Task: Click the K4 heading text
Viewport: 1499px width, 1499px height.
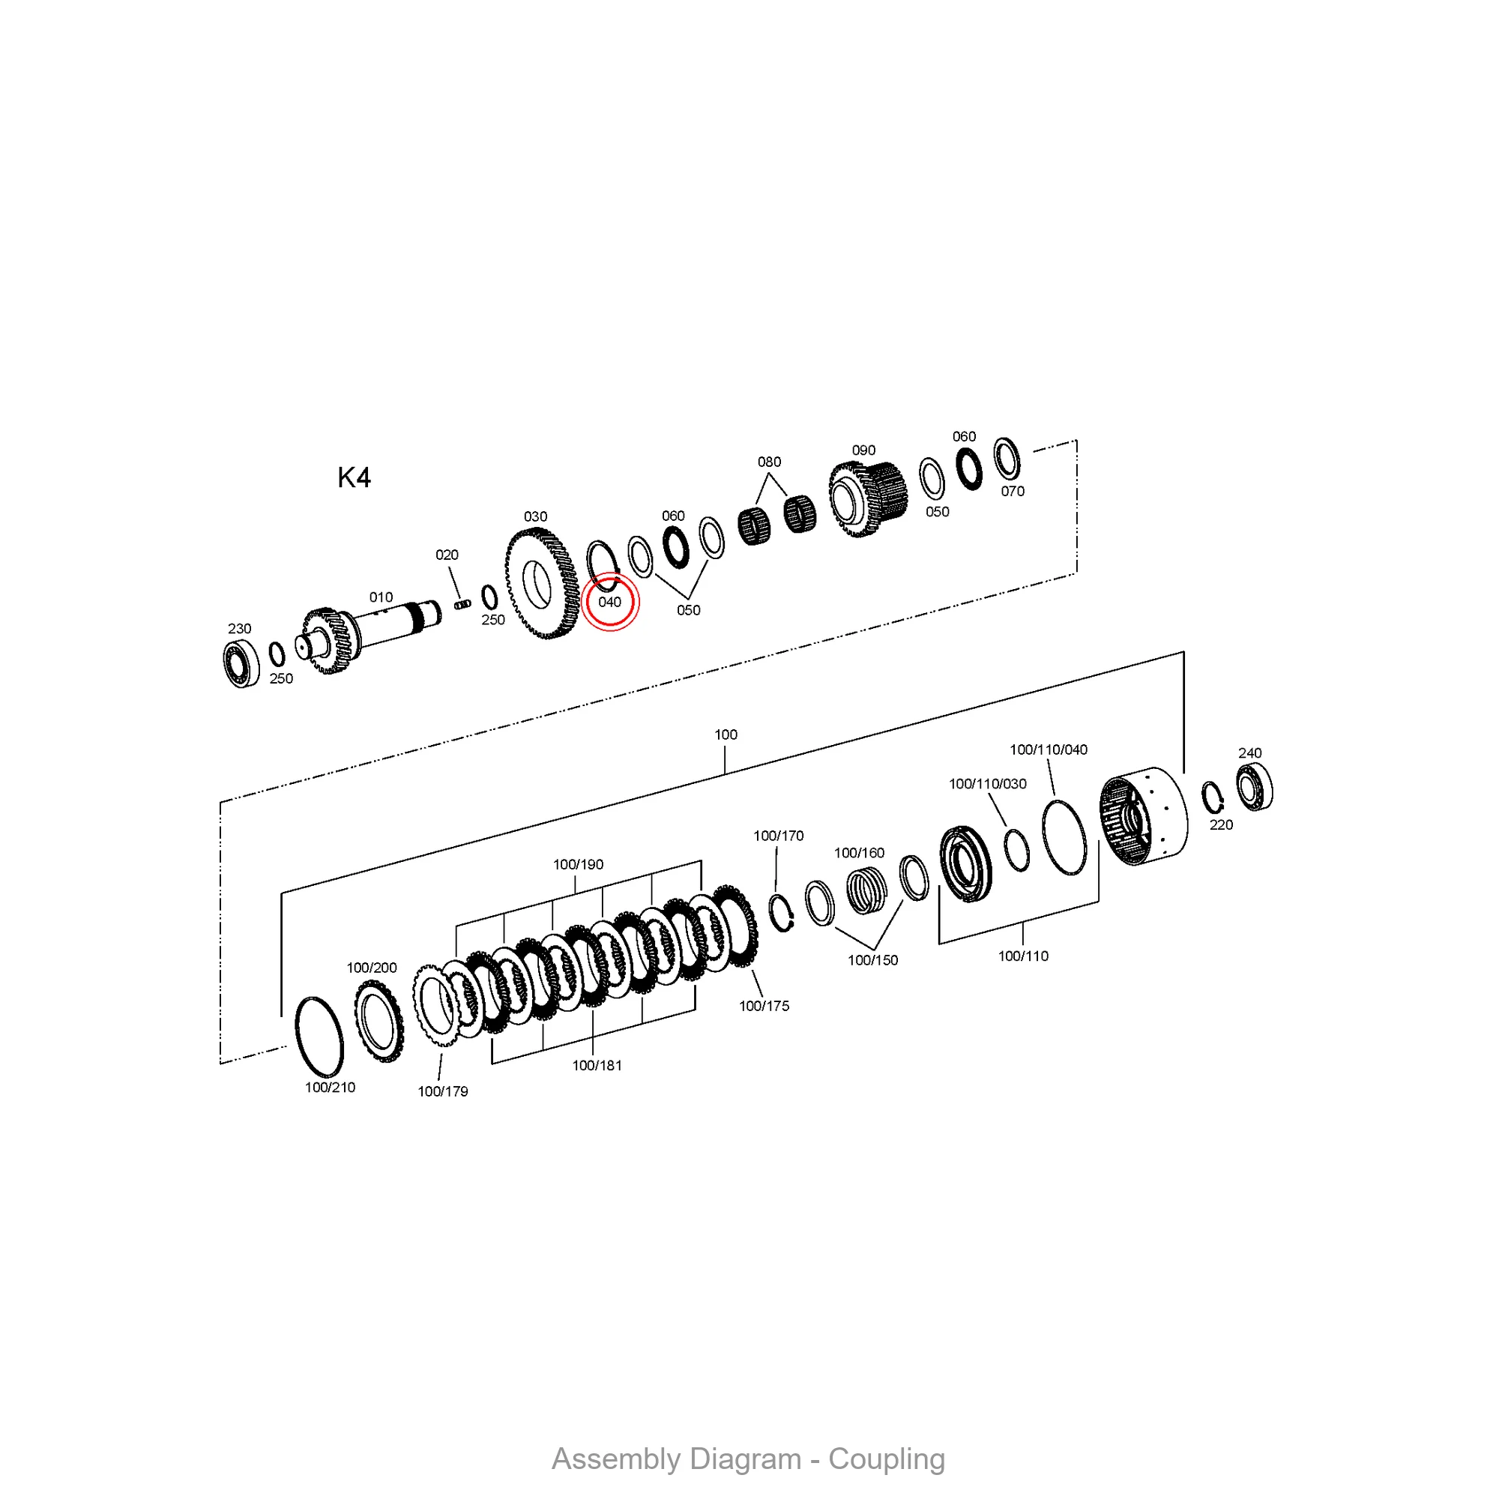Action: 354,478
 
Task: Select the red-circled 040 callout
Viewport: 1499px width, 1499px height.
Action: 610,603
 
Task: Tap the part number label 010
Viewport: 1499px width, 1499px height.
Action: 381,597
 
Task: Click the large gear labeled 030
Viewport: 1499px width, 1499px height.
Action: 542,583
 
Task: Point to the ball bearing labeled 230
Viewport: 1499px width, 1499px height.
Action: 241,664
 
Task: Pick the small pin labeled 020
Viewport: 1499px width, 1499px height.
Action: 463,603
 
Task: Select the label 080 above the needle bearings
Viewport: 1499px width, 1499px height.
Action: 769,462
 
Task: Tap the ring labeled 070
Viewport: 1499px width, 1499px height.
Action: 1007,459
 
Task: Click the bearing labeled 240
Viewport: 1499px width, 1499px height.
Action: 1254,788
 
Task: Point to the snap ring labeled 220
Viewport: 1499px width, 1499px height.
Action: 1212,798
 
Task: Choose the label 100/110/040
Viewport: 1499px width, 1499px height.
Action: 1049,749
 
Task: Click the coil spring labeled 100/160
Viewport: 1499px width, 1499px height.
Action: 866,890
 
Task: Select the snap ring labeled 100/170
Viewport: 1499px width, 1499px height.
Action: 781,912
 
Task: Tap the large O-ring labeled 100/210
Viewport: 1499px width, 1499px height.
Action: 320,1037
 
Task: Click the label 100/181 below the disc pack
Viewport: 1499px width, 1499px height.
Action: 597,1066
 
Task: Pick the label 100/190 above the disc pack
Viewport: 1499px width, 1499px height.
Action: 578,864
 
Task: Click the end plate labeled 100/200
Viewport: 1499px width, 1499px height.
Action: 378,1020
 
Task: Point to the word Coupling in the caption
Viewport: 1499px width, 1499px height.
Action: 887,1459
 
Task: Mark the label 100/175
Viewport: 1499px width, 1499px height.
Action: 764,1007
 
